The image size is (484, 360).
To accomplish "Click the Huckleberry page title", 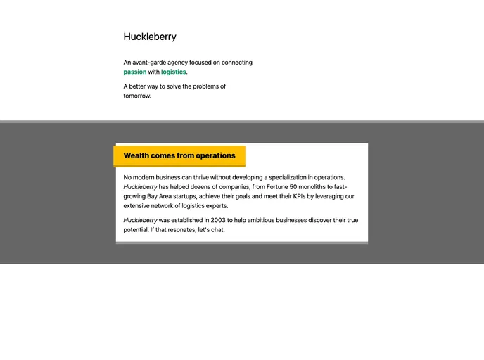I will tap(150, 37).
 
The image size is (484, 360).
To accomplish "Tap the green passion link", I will tap(135, 72).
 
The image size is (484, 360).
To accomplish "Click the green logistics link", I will tap(173, 72).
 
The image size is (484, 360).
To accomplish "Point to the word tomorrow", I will tap(136, 96).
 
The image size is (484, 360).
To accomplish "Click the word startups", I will tap(183, 197).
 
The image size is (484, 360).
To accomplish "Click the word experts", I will tap(215, 206).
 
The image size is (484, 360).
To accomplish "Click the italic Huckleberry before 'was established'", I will tap(141, 220).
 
